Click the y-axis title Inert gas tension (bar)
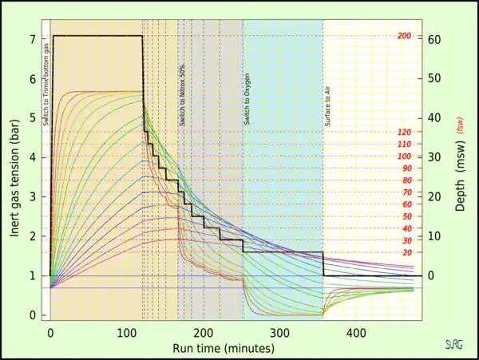(14, 176)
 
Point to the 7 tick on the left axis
(32, 39)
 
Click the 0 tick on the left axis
(32, 315)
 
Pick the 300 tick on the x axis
(279, 332)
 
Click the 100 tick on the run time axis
(127, 332)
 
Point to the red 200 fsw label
(403, 36)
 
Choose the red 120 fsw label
(404, 133)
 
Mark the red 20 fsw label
(406, 253)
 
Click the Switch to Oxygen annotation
(247, 103)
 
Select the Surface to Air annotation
(327, 105)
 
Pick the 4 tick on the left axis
(32, 157)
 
